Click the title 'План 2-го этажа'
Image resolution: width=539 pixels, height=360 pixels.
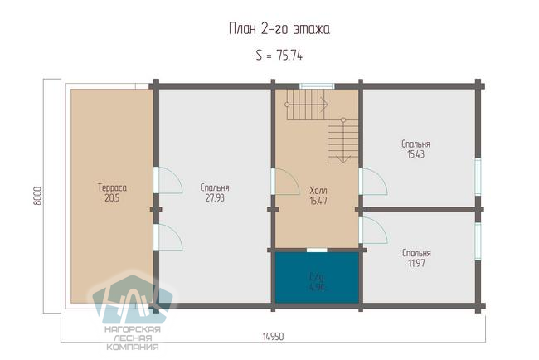(x=279, y=29)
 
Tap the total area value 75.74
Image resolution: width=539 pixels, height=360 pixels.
(x=289, y=56)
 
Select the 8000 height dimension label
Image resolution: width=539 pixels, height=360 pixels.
(x=37, y=196)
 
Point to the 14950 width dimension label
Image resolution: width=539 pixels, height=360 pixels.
(x=274, y=337)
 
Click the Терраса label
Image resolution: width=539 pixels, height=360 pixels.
(x=112, y=187)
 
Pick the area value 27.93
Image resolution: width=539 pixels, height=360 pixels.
(x=215, y=198)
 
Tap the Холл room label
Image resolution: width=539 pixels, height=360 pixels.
(x=318, y=191)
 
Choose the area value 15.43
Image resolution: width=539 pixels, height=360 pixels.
(x=416, y=154)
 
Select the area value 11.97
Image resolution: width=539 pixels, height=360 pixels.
(x=416, y=264)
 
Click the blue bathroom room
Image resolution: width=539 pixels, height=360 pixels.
(x=317, y=278)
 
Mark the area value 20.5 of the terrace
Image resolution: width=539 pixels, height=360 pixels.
(x=112, y=198)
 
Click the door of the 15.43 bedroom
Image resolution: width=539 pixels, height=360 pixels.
(x=373, y=182)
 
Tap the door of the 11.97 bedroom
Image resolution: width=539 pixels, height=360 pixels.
(x=373, y=231)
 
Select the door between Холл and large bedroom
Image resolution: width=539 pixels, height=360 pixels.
(x=285, y=182)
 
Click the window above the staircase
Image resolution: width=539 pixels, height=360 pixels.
(x=317, y=86)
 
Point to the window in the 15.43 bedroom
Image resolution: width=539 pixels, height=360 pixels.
(x=478, y=177)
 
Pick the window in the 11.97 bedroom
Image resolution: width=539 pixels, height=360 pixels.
(x=478, y=241)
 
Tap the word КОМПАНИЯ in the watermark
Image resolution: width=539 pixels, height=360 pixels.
(x=133, y=347)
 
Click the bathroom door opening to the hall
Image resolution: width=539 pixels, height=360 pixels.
(x=317, y=250)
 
